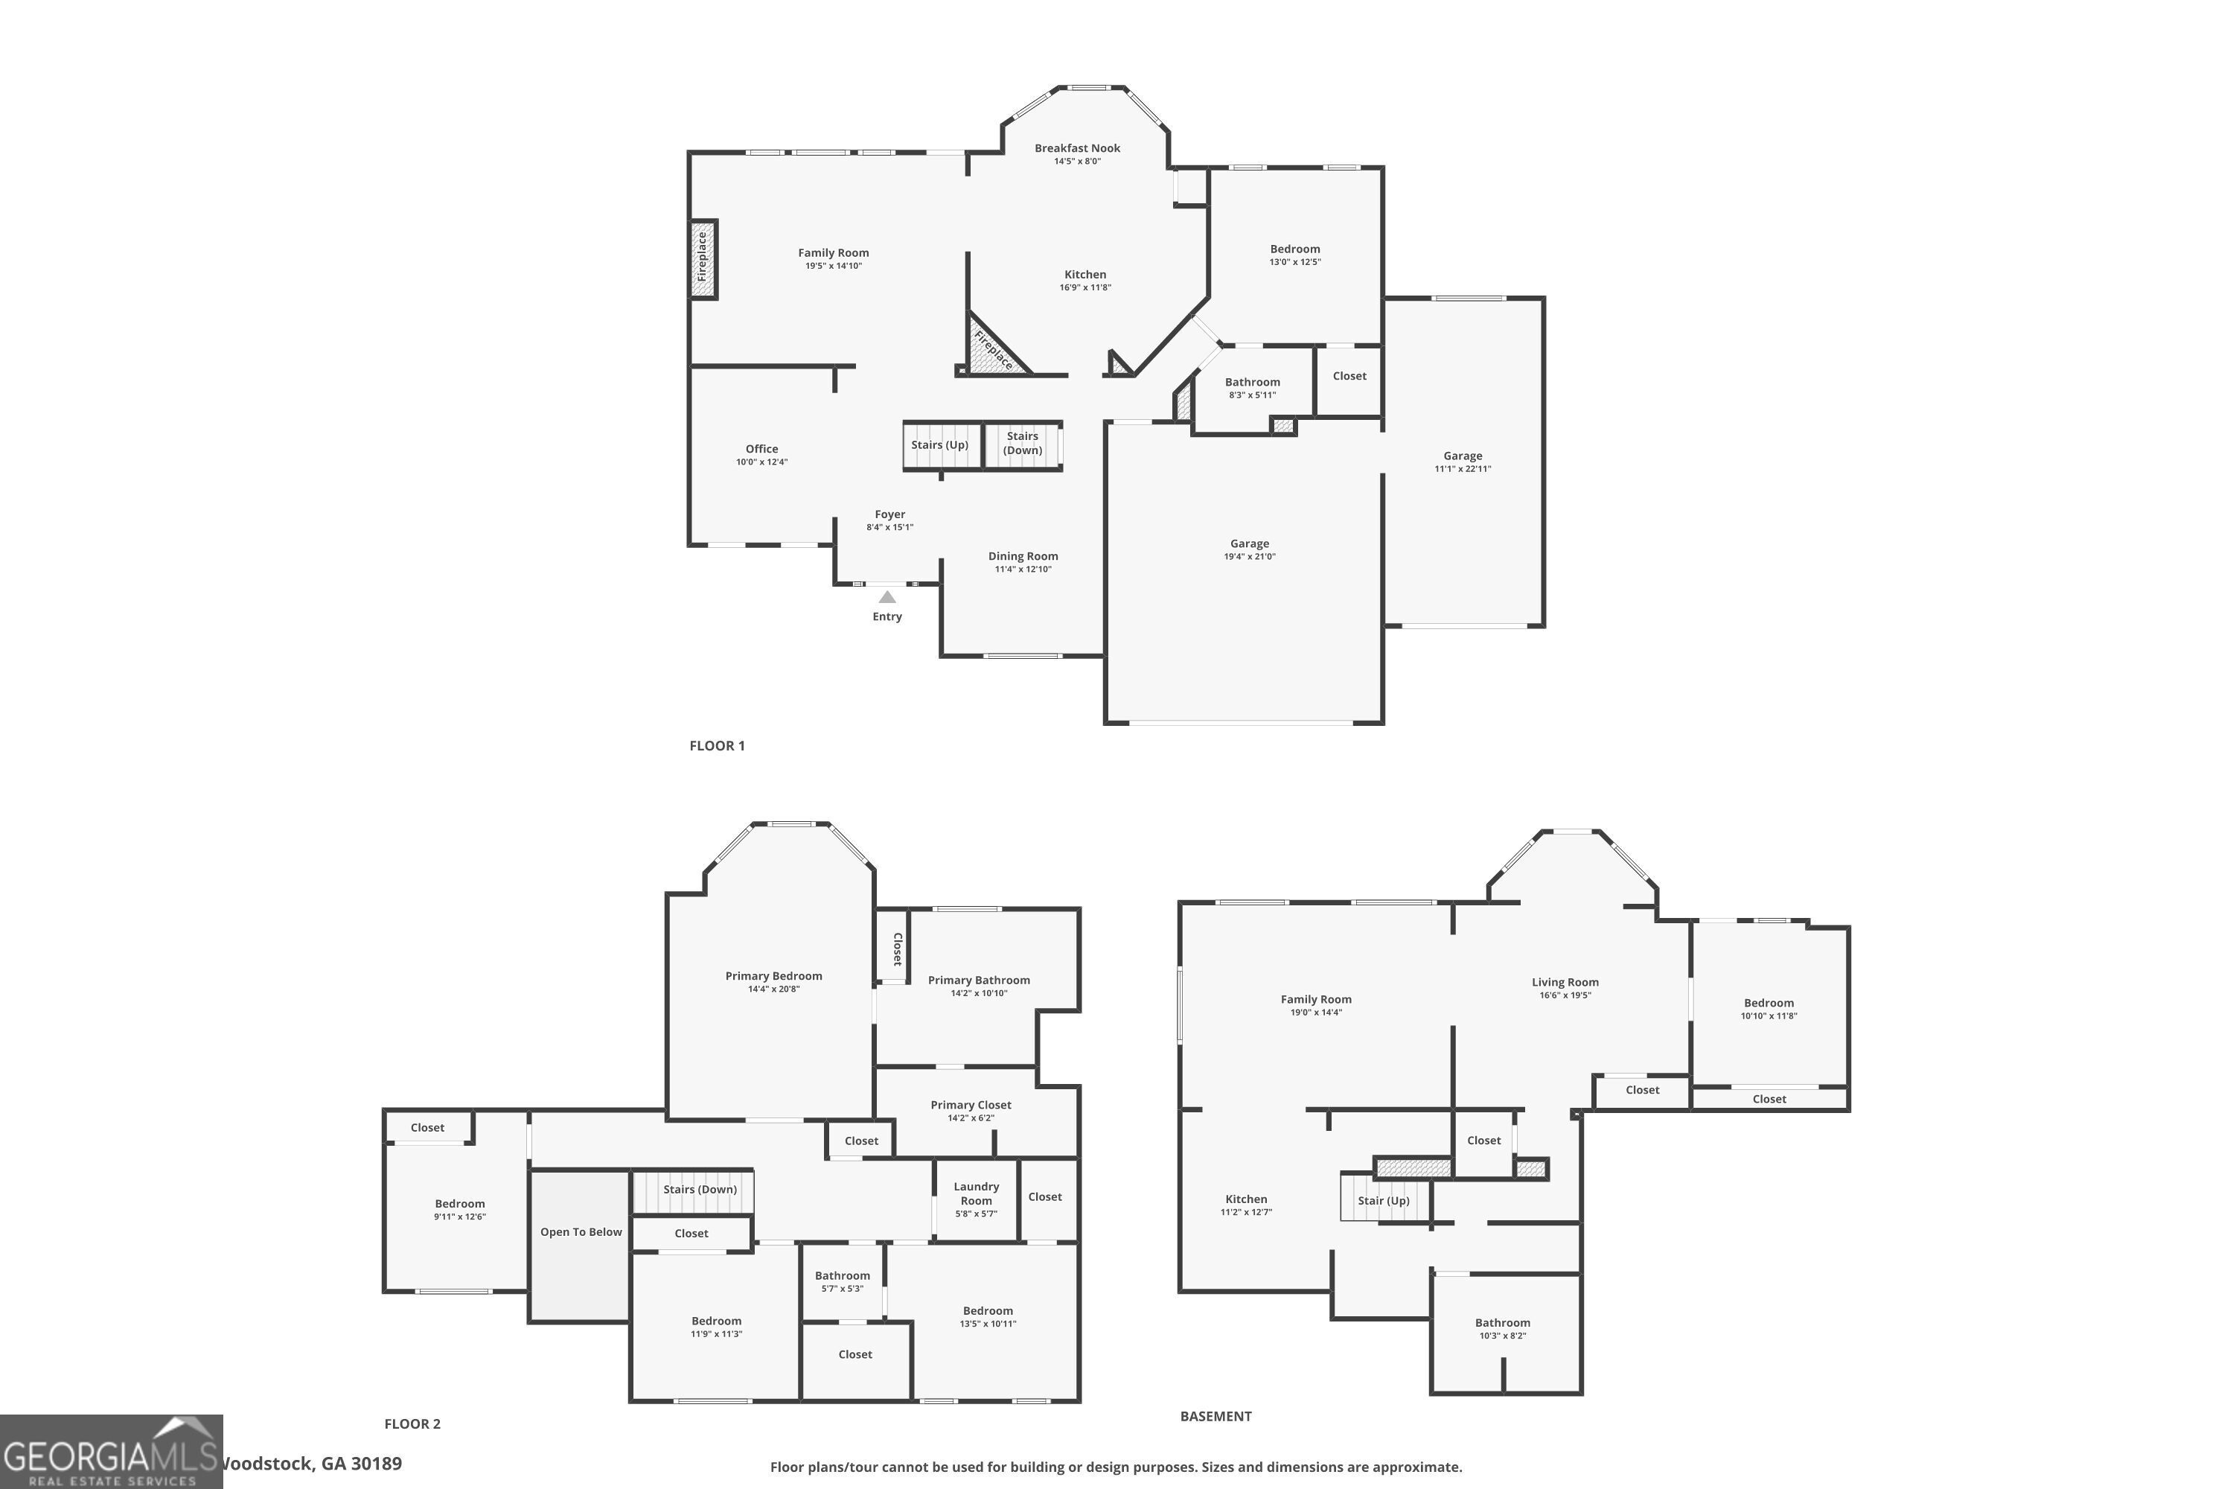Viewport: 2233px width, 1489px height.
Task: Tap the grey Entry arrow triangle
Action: [887, 597]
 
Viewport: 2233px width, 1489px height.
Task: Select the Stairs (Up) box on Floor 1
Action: [940, 445]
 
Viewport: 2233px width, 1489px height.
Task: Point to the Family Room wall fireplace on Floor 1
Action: [703, 258]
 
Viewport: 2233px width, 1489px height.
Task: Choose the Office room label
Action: [761, 449]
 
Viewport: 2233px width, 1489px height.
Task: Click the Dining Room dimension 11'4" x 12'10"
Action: [1023, 570]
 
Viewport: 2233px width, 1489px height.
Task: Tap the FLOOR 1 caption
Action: [717, 745]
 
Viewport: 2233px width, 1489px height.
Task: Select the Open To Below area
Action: [580, 1244]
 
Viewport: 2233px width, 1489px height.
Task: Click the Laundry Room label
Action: [976, 1193]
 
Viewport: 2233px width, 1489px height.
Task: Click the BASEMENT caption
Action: [1215, 1416]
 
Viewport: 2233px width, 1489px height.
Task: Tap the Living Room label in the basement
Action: [1565, 983]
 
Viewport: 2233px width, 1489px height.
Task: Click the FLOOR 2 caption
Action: [412, 1423]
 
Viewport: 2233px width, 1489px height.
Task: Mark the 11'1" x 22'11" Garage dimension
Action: [1462, 469]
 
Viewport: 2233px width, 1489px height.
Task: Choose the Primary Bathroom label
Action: [978, 980]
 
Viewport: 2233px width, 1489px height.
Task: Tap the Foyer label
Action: [889, 514]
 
